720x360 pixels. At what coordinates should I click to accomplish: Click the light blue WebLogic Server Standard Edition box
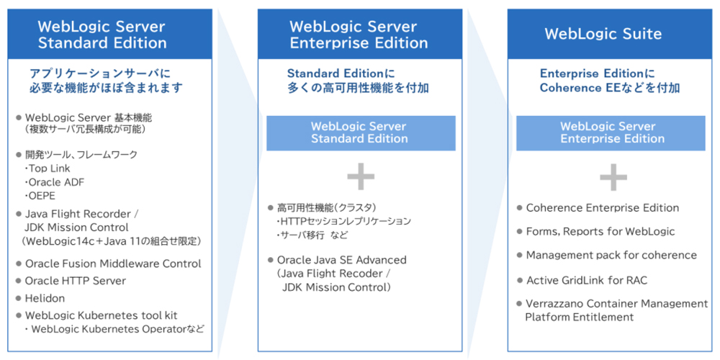[361, 132]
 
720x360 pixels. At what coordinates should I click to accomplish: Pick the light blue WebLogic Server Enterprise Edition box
[612, 132]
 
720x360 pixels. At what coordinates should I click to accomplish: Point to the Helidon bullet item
[45, 298]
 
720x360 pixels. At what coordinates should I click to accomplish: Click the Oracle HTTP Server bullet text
[75, 281]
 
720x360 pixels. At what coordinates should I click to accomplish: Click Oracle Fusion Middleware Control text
[113, 264]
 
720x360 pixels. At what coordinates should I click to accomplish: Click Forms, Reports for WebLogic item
[600, 231]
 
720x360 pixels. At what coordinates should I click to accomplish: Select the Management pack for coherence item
[611, 255]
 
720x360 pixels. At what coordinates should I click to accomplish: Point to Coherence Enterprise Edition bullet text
[603, 207]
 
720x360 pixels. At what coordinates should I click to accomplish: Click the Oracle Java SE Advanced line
[341, 259]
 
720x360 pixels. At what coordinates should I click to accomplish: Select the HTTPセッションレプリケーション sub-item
[345, 221]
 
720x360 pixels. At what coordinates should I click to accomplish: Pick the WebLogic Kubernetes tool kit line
[101, 315]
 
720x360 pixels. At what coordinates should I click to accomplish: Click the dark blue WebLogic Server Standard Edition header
[102, 34]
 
